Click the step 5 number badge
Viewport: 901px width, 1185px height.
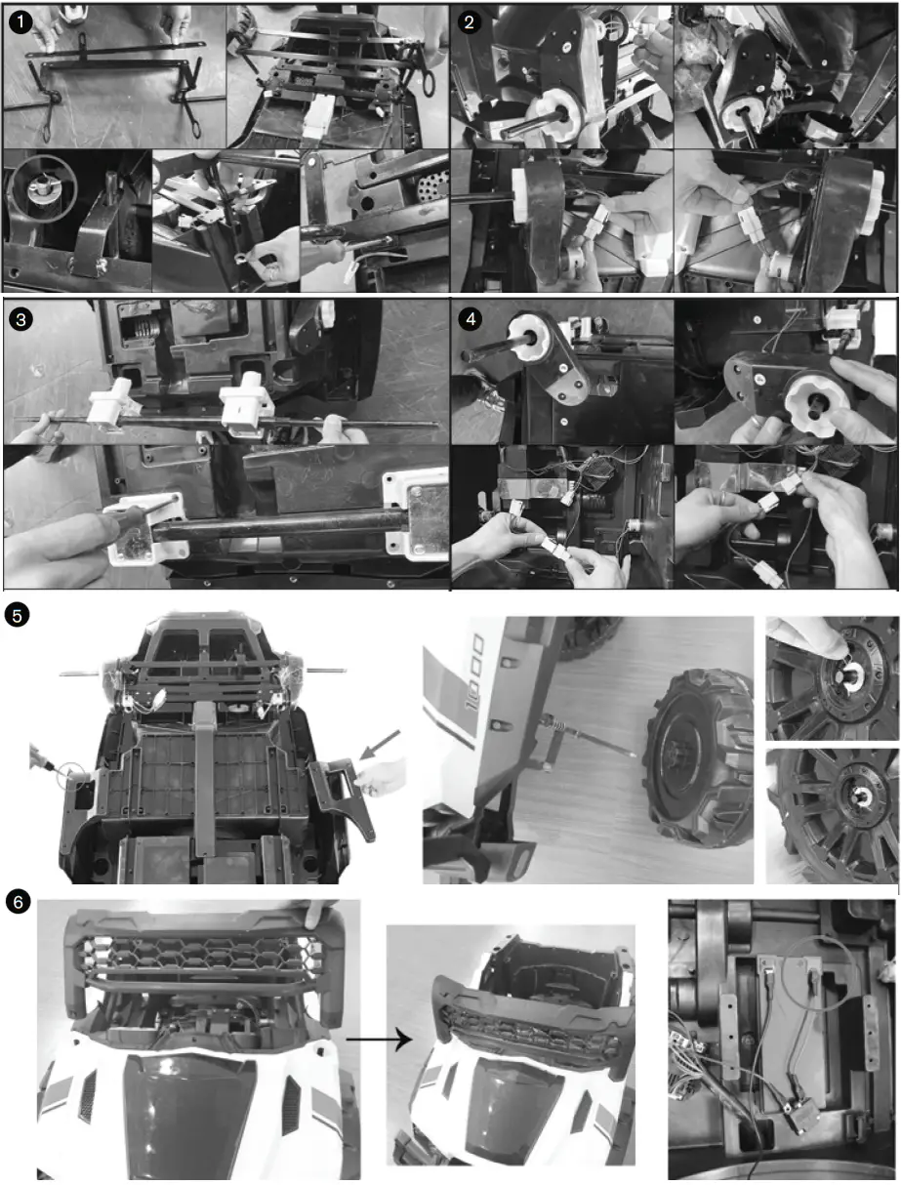(x=17, y=614)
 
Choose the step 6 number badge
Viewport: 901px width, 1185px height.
(x=17, y=903)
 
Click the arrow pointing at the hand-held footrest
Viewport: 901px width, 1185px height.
(x=370, y=750)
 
